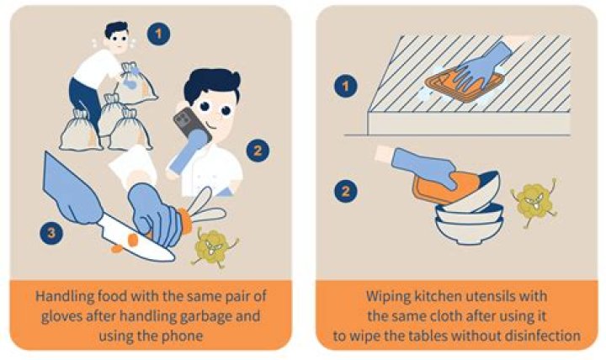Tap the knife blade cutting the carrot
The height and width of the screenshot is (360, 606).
click(x=126, y=234)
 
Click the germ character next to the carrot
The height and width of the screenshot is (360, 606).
click(x=213, y=246)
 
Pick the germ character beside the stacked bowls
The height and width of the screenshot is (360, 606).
click(x=533, y=203)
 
